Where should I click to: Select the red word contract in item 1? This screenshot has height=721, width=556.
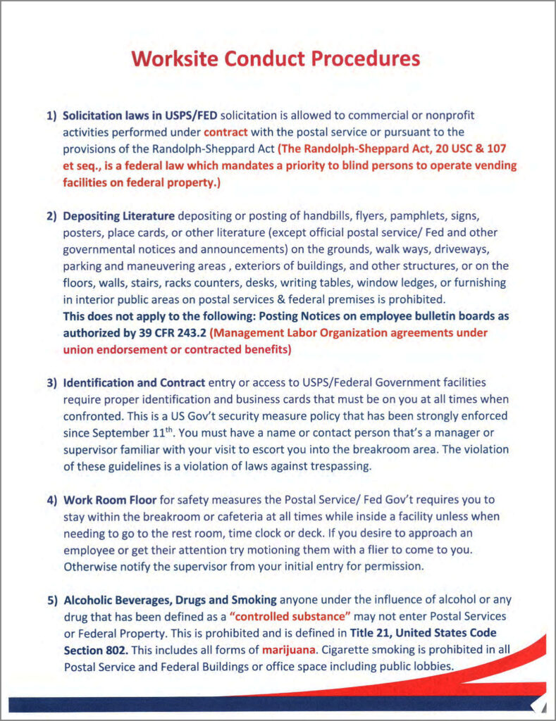point(226,132)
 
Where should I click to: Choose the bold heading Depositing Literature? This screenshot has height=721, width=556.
point(118,215)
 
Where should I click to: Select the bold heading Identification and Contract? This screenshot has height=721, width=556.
point(134,383)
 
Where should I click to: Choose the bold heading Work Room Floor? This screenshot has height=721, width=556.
point(109,501)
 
